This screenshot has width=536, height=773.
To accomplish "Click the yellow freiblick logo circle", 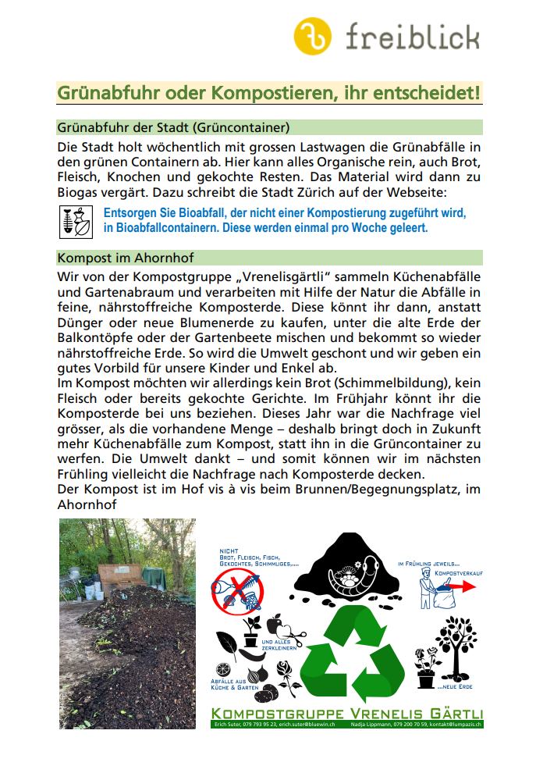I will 313,35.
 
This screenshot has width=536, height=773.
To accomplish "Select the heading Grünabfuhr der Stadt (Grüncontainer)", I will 174,127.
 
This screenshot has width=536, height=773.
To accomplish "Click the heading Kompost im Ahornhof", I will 126,258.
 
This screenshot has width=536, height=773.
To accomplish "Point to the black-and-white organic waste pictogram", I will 76,222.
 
